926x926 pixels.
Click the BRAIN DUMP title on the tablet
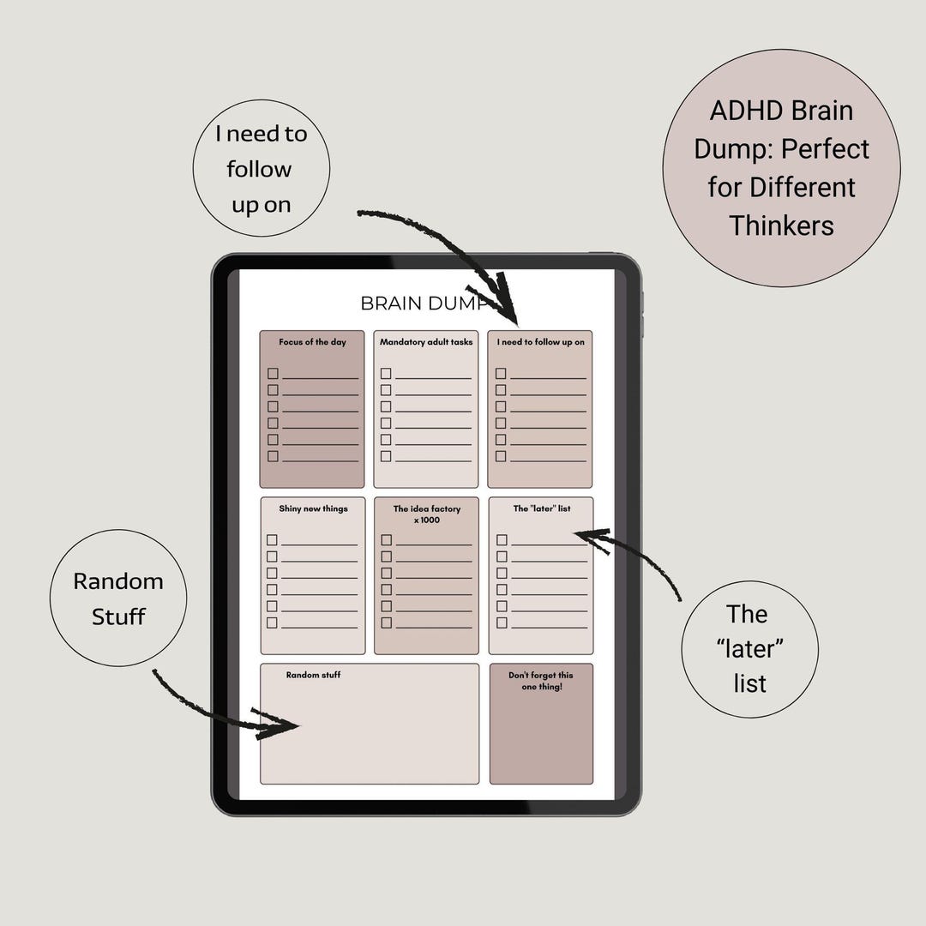click(424, 303)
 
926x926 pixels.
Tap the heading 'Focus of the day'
click(312, 342)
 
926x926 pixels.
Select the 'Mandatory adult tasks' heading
click(426, 342)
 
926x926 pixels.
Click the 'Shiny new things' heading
click(314, 508)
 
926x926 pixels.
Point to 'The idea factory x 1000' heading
click(427, 514)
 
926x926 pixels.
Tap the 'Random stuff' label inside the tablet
click(314, 675)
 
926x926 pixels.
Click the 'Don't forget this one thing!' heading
click(541, 680)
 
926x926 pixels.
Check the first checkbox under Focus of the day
click(273, 373)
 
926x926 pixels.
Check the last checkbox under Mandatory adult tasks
click(386, 456)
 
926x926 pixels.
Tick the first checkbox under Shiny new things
click(273, 540)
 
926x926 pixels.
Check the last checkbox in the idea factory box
click(387, 622)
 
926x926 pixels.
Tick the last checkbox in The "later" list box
click(502, 622)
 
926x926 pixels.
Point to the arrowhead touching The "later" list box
click(592, 538)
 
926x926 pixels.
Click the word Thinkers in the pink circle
click(781, 225)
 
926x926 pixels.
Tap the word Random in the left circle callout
click(118, 581)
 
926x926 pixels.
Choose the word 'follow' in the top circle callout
click(259, 169)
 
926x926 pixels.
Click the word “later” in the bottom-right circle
click(750, 648)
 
